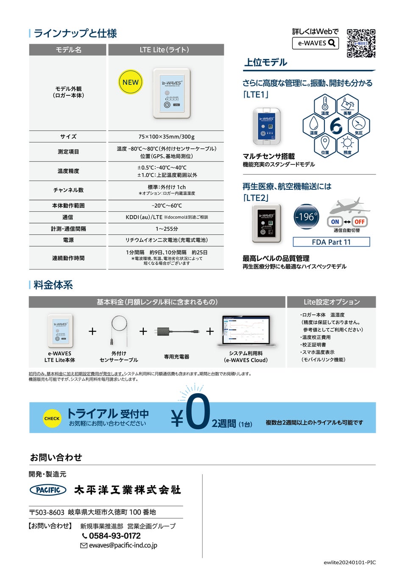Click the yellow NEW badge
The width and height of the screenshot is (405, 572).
[x=130, y=82]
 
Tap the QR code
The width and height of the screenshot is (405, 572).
[x=361, y=43]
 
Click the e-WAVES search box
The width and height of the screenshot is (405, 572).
[x=315, y=43]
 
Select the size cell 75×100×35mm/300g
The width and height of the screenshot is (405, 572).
[x=166, y=136]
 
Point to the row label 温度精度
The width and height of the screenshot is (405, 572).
[x=68, y=171]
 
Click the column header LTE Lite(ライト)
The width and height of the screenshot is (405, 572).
[x=166, y=50]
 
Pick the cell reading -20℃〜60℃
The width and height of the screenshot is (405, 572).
[x=166, y=205]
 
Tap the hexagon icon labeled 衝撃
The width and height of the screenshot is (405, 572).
[x=347, y=105]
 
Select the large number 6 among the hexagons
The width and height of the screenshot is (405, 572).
[x=336, y=125]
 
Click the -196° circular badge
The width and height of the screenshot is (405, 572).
[x=306, y=217]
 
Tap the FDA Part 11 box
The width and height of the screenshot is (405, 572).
[x=331, y=242]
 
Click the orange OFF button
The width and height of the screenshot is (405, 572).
[x=360, y=222]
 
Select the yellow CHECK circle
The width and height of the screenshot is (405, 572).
[x=52, y=418]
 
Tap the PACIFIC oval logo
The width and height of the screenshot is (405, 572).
[x=48, y=490]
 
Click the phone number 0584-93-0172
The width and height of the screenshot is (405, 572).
[x=115, y=536]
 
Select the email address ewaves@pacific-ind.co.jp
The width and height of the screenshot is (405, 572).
[x=123, y=545]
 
